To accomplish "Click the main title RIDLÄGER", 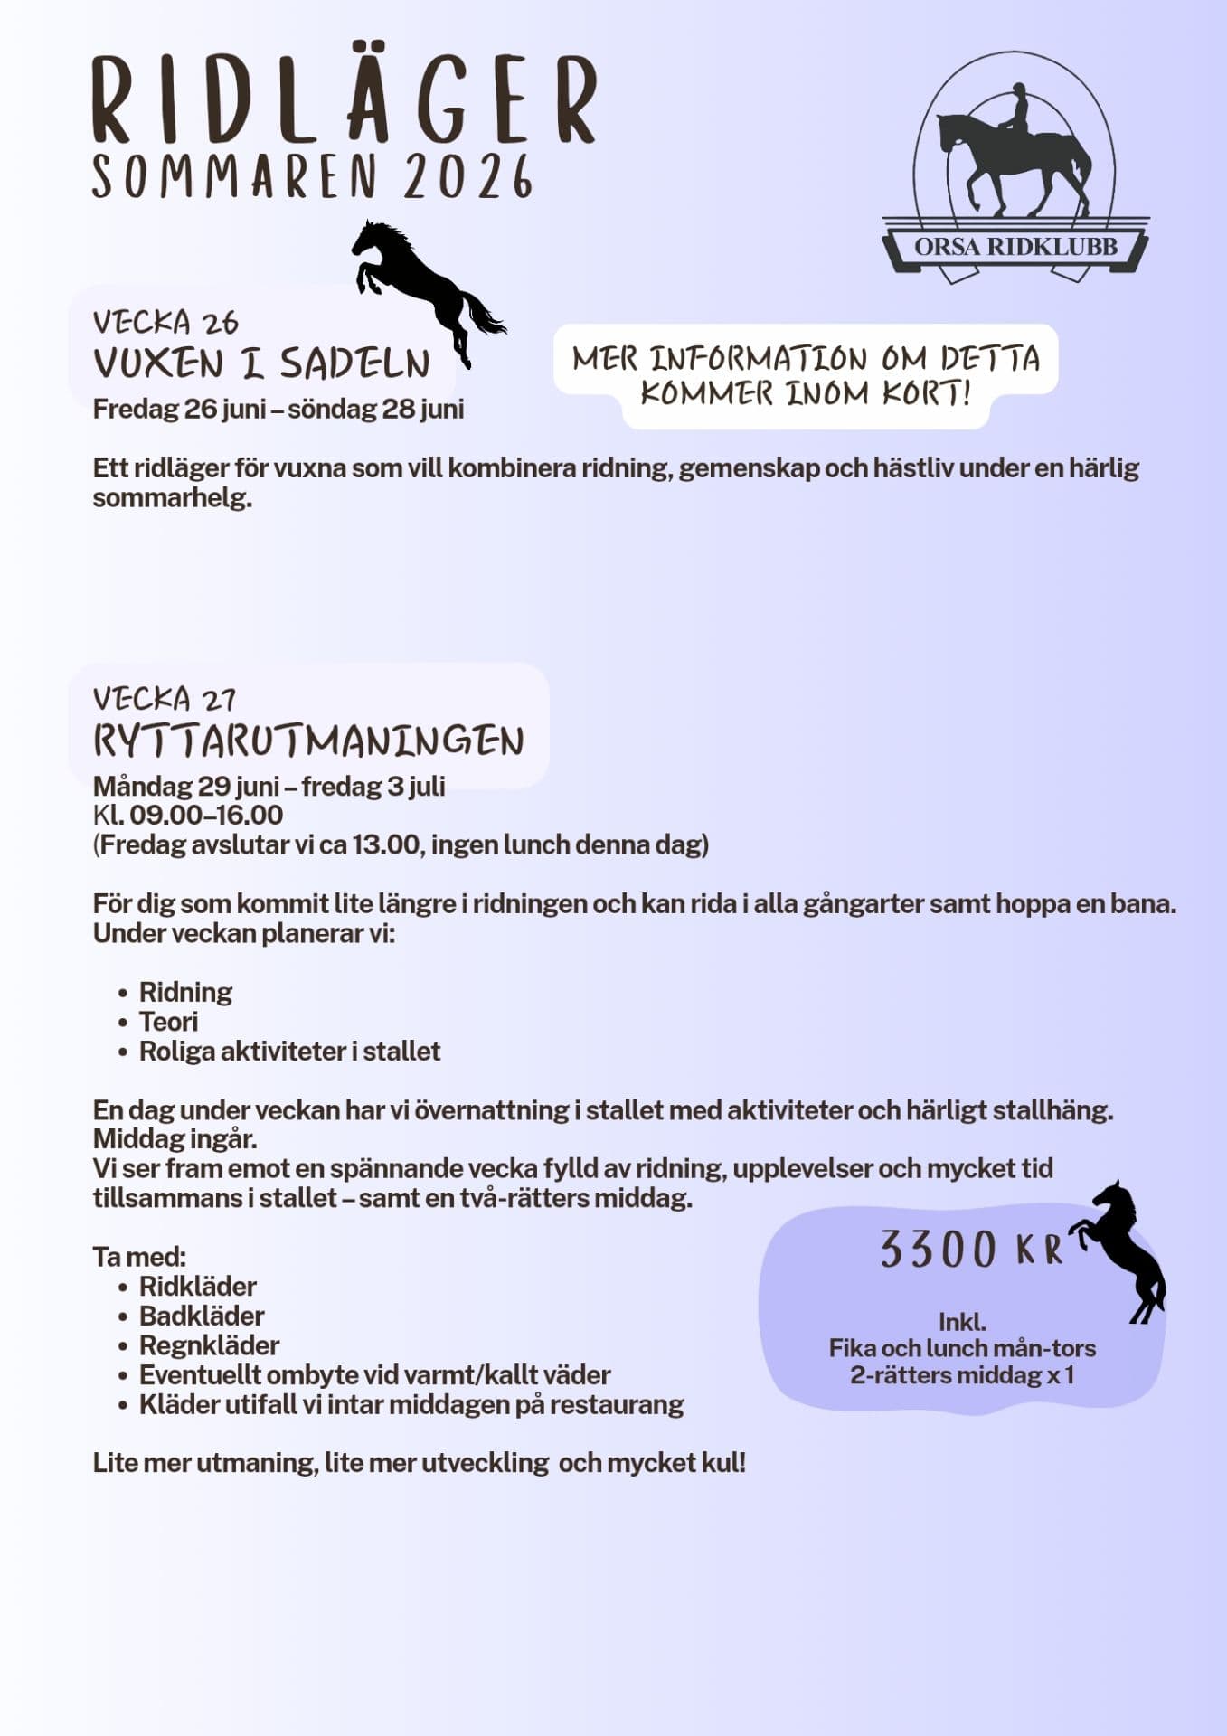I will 344,99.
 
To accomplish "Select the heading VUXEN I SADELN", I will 261,364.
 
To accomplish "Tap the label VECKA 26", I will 165,323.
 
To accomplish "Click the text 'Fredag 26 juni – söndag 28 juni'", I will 278,409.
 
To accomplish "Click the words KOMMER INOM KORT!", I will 805,394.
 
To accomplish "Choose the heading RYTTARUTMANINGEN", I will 308,741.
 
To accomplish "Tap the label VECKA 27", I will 165,699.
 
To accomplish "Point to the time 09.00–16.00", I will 206,815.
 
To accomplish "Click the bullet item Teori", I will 168,1022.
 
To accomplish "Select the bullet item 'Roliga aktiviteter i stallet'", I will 289,1052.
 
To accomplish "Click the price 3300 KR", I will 971,1250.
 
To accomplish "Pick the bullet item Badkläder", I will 201,1316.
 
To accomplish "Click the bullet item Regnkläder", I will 209,1345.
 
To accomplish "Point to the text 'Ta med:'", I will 139,1257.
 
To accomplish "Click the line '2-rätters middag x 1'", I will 962,1375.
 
